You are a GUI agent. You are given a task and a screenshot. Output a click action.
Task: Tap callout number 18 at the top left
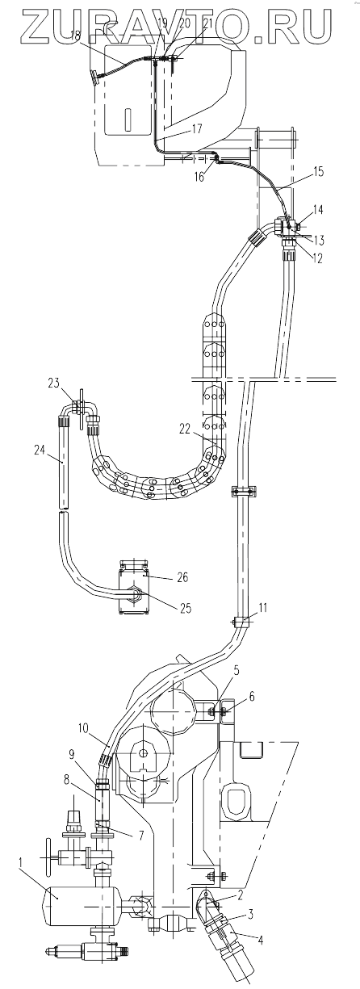click(x=75, y=36)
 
